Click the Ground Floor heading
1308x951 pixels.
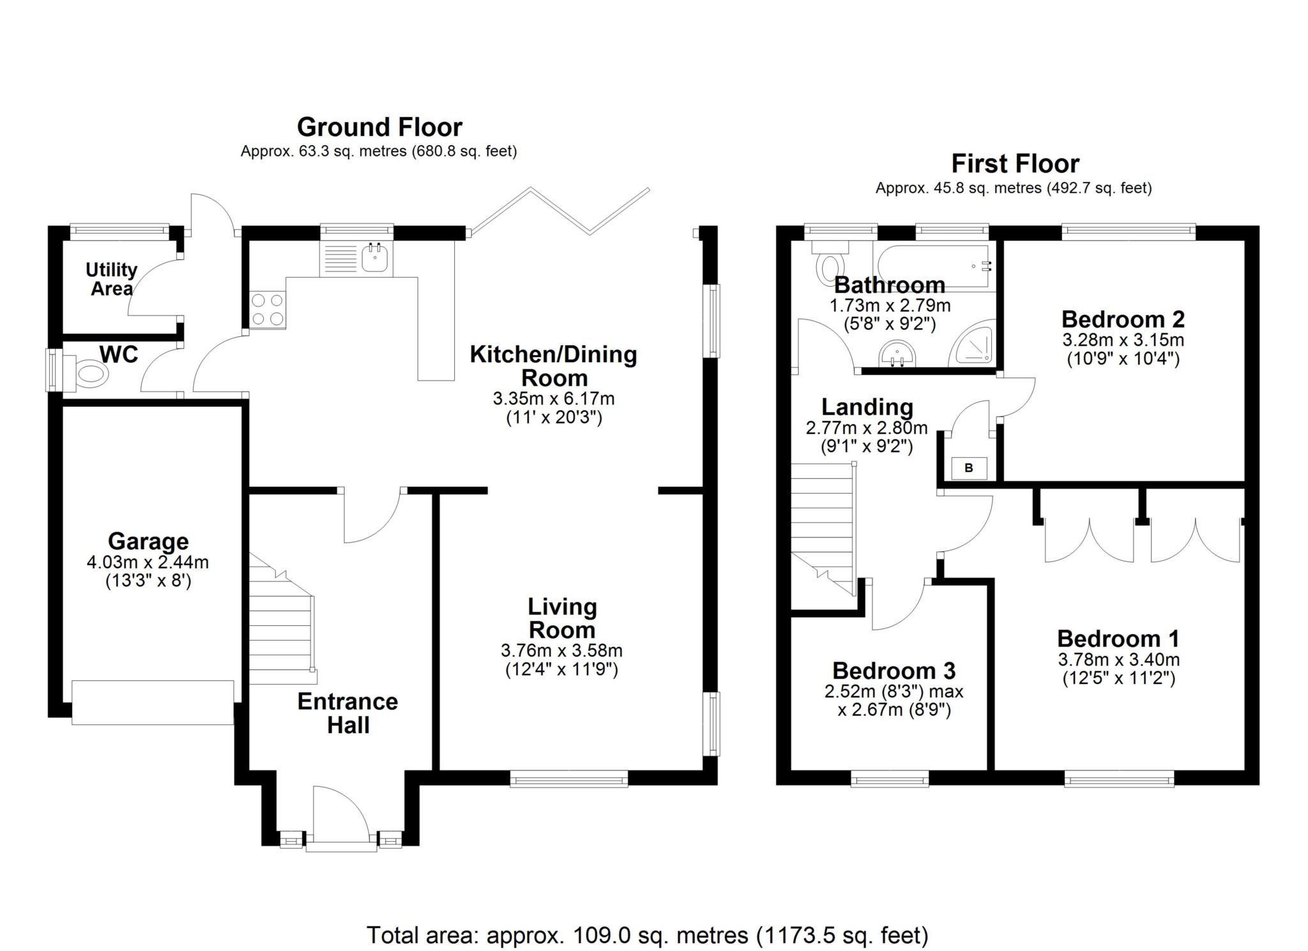379,127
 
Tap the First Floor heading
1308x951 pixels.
1015,164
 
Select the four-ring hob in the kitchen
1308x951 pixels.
268,309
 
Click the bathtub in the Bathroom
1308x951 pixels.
932,267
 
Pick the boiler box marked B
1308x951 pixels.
969,468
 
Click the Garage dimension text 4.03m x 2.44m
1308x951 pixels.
148,563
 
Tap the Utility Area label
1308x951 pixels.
112,279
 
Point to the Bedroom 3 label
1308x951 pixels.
894,671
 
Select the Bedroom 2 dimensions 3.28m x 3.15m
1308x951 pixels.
1123,339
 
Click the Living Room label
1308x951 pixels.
562,618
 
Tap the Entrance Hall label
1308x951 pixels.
348,713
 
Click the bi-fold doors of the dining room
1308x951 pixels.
559,210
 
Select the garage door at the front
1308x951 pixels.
153,702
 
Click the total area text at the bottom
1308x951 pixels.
647,935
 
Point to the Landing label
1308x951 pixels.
867,407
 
